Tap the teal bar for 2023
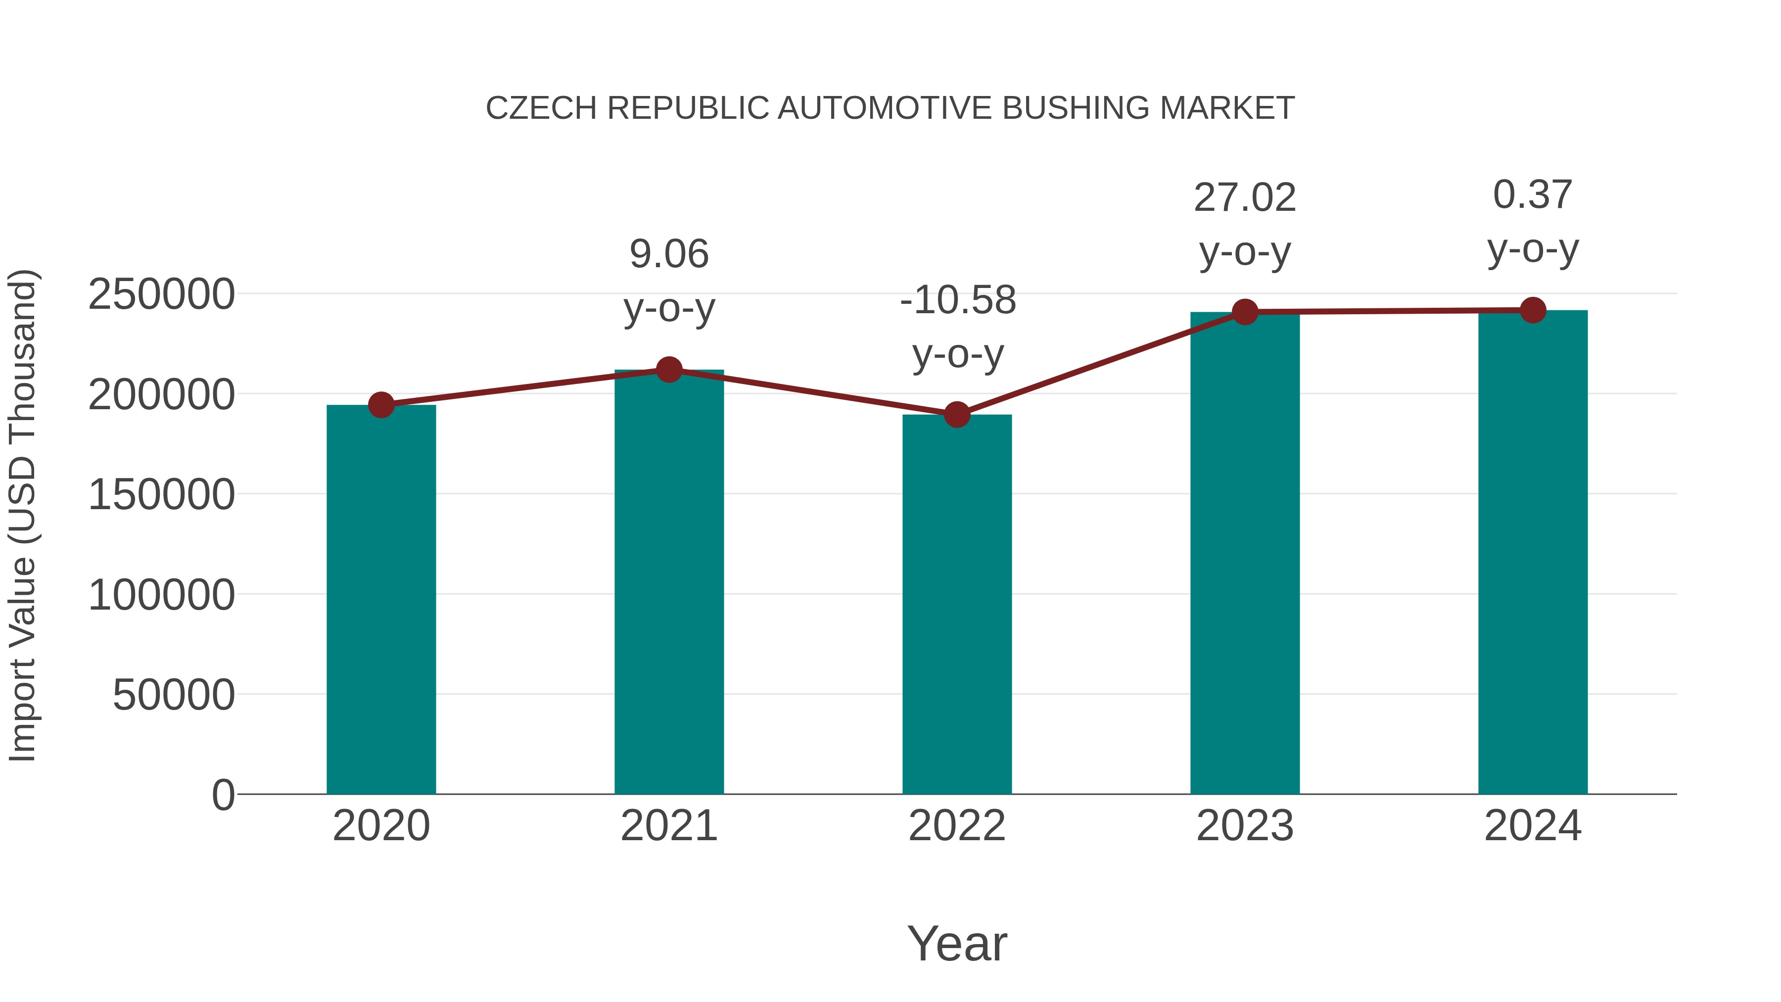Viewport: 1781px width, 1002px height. [1245, 553]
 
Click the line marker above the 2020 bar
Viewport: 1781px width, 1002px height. [381, 405]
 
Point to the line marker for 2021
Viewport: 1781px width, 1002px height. [668, 370]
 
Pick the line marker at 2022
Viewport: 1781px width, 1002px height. [957, 415]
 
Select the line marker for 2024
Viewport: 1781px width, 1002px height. [1533, 310]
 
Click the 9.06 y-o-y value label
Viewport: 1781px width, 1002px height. [668, 254]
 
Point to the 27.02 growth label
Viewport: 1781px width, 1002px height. [1245, 198]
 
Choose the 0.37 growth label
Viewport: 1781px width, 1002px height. [1533, 194]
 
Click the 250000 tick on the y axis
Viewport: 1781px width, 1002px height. [161, 294]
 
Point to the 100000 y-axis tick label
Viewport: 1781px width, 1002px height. [161, 595]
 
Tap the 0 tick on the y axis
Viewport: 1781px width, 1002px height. [223, 795]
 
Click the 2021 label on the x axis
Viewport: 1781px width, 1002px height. [668, 826]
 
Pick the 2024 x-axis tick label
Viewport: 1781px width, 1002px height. [1533, 826]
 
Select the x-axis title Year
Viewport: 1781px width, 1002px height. [957, 943]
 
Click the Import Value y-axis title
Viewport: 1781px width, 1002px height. [23, 515]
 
